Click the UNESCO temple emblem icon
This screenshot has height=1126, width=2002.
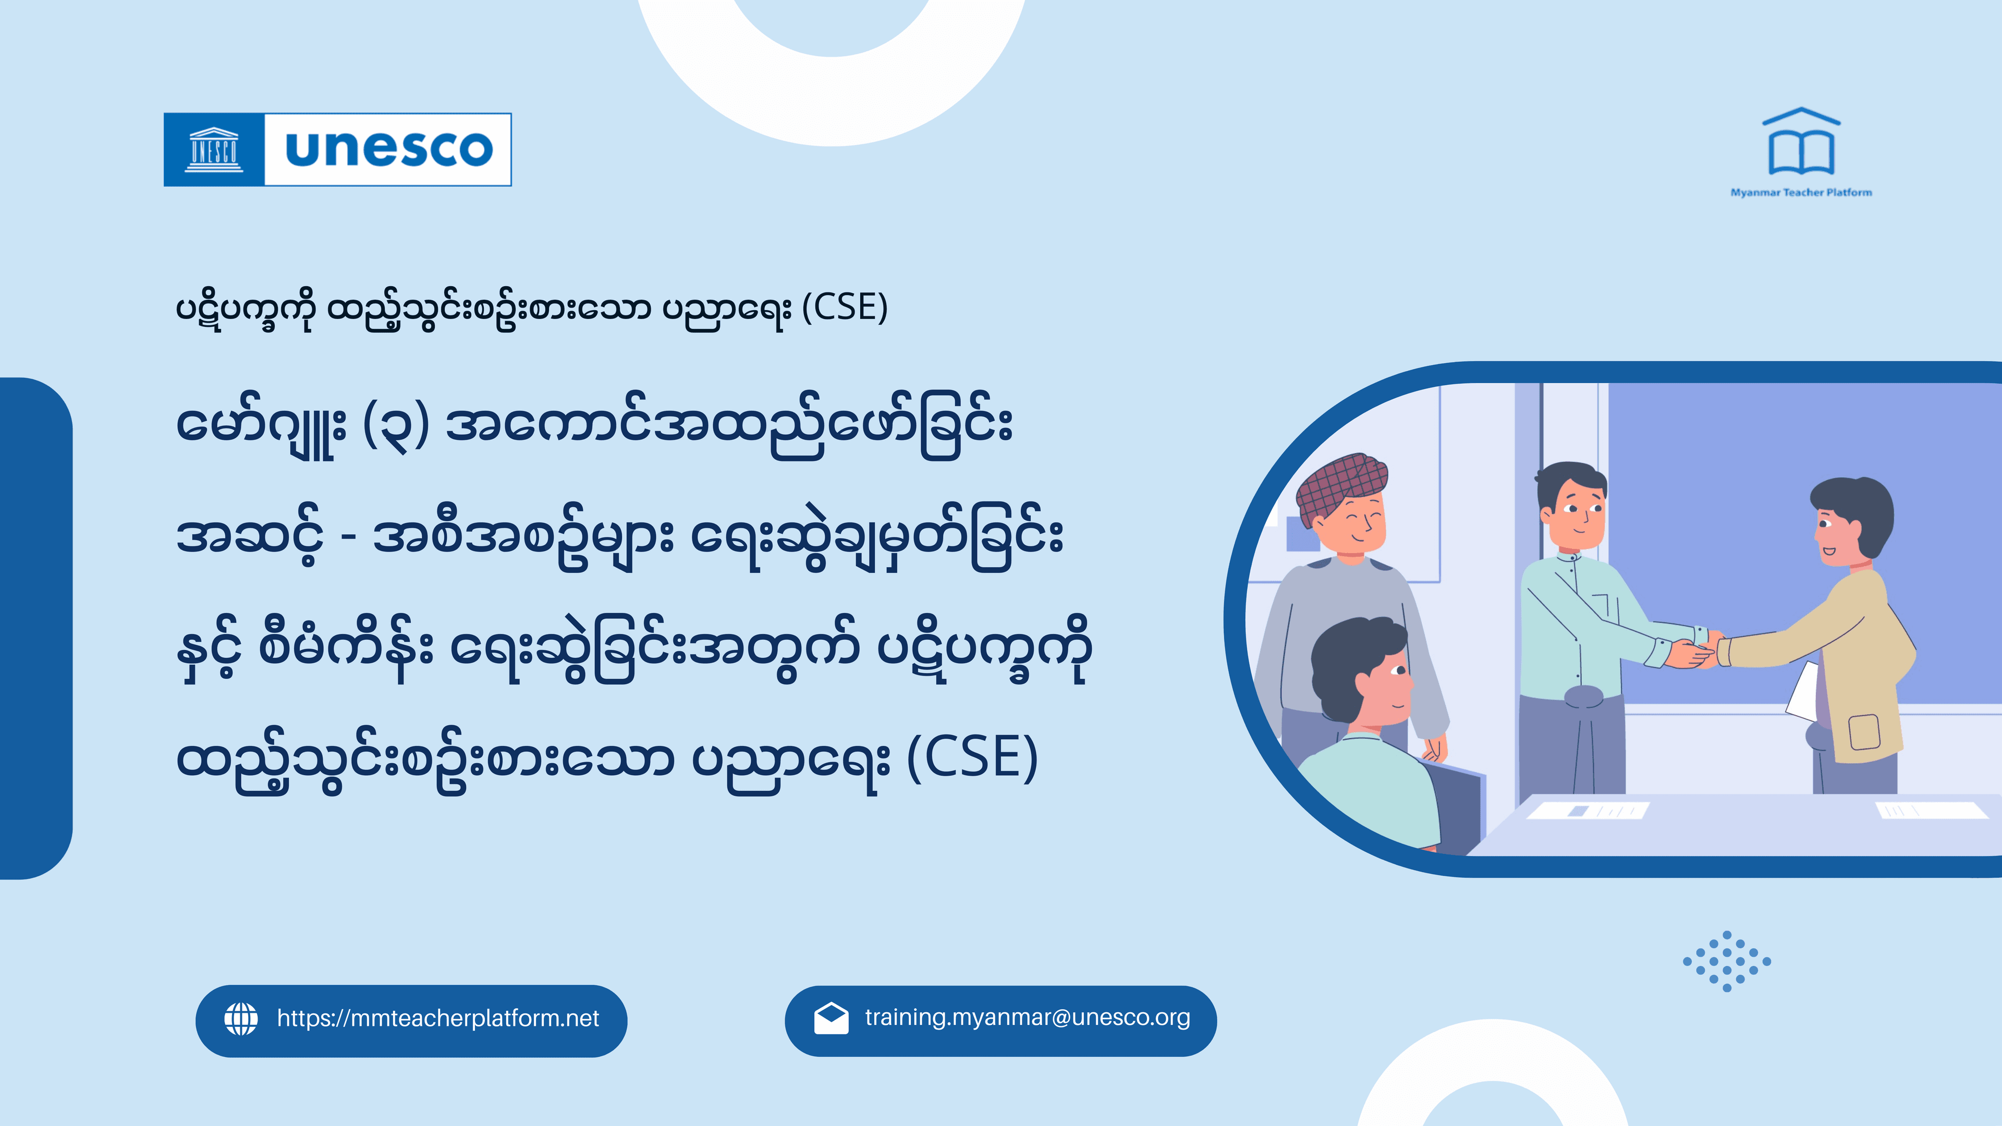pos(214,149)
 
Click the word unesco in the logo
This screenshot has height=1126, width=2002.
pos(388,149)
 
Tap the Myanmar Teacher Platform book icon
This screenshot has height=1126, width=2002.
pos(1801,144)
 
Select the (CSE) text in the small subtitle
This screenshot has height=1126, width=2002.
pos(845,308)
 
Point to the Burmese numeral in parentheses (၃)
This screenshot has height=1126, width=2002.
pos(396,426)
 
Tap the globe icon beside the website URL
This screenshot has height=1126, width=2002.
pos(241,1019)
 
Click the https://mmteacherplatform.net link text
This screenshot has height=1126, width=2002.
pos(437,1019)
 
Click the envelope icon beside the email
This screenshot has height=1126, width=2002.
pos(831,1018)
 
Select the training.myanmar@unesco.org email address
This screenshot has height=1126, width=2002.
pos(1028,1018)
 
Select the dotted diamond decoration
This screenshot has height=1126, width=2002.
pos(1727,961)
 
